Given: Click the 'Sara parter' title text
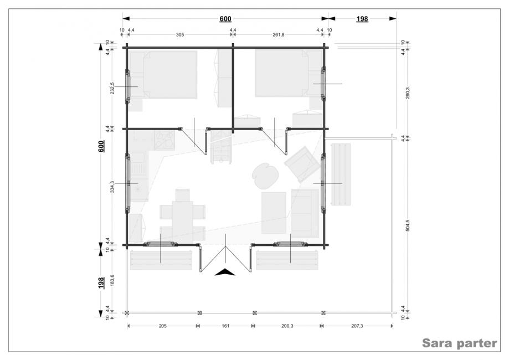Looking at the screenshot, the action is pos(459,343).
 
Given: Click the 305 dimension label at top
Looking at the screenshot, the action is pos(180,35).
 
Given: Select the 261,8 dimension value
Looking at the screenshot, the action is pos(278,35).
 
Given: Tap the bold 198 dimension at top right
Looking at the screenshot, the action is pos(362,19).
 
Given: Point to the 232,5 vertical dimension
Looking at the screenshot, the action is pos(112,88).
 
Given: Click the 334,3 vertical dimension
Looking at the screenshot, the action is pos(112,187).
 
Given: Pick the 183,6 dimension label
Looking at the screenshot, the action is pos(112,280).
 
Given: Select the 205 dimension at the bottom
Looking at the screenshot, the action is pos(163,326).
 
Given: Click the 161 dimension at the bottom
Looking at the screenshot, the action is pos(225,326).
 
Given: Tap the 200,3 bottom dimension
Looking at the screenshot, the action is pos(287,326).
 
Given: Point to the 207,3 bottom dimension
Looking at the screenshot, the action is pos(357,326).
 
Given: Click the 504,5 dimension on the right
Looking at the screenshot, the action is pos(408,225).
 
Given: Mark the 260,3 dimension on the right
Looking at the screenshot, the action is pos(408,92).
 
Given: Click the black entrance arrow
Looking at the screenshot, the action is pos(225,272).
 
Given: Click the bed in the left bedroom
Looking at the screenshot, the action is pos(169,75).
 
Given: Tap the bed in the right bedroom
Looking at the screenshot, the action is pos(281,73).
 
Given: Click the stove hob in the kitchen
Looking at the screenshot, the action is pos(164,140).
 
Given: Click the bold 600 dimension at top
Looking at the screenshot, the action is pos(225,19).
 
